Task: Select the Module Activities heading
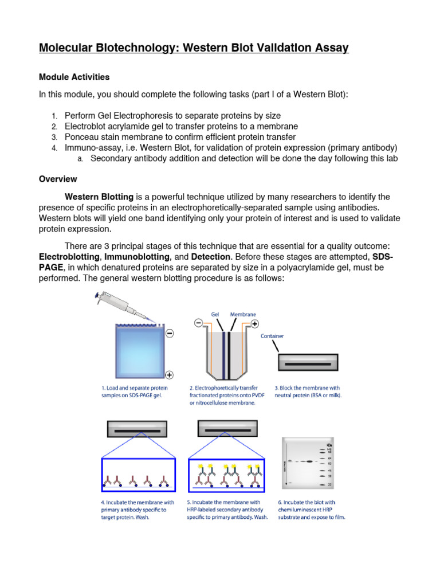tap(74, 77)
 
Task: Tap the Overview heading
tap(58, 179)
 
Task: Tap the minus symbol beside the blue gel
tap(170, 333)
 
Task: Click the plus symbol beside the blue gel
tap(170, 375)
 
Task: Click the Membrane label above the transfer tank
tap(243, 315)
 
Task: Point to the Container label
tap(272, 336)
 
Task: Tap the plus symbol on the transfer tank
tap(255, 324)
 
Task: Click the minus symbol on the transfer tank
tap(198, 323)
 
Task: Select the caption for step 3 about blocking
tap(310, 392)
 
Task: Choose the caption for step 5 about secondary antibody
tap(227, 510)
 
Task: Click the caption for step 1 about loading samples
tap(131, 392)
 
